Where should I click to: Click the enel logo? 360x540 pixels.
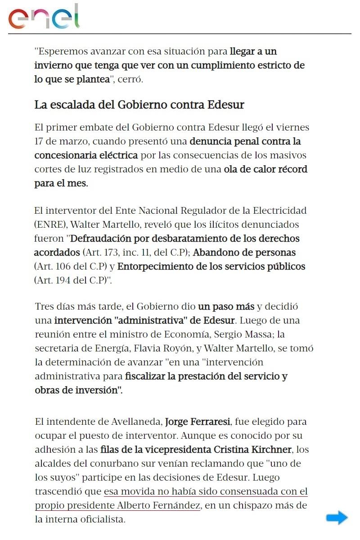pyautogui.click(x=44, y=17)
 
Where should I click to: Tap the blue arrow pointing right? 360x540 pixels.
pyautogui.click(x=337, y=518)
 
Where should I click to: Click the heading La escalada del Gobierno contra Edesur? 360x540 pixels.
pyautogui.click(x=139, y=105)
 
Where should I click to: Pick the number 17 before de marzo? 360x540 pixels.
pyautogui.click(x=40, y=141)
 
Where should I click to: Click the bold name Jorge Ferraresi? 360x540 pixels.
pyautogui.click(x=198, y=422)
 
